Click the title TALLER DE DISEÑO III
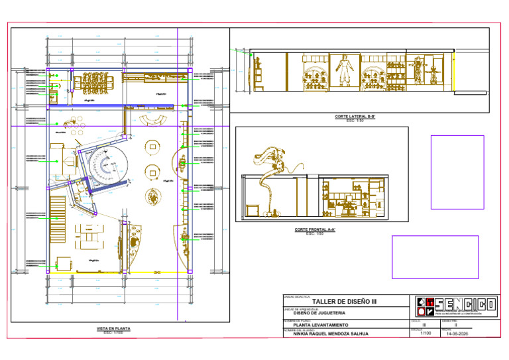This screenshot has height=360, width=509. [x=343, y=301]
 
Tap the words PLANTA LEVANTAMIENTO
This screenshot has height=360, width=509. [x=320, y=325]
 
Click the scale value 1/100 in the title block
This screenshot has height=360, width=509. [x=424, y=333]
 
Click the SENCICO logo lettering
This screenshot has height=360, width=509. [x=464, y=305]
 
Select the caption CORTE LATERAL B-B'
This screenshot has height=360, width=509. [x=355, y=117]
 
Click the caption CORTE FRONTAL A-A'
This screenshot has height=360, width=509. [x=315, y=230]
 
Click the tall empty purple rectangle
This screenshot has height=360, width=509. [x=457, y=172]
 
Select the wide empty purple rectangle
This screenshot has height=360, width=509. [x=435, y=257]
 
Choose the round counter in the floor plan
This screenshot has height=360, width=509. [x=106, y=167]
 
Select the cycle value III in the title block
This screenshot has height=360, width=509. [x=424, y=325]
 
